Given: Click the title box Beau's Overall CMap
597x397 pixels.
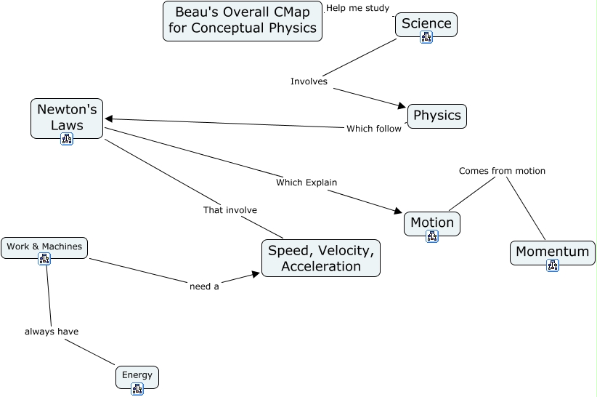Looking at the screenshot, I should [x=243, y=20].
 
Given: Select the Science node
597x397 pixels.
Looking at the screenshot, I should [x=426, y=23].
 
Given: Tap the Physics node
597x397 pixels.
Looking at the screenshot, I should [x=436, y=116].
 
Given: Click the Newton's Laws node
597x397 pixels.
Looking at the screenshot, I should [x=67, y=116].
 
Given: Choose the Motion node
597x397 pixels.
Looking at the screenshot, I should [x=431, y=222].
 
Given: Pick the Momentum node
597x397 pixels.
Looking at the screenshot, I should [x=552, y=252].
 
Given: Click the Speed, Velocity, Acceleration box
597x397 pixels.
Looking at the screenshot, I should [x=320, y=258].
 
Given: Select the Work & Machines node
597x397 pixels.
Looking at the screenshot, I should [x=44, y=246].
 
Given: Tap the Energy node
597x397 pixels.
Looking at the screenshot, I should [x=137, y=375].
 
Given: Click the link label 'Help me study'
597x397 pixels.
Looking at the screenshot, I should [x=358, y=8].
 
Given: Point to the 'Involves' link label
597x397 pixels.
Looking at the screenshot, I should [x=309, y=81].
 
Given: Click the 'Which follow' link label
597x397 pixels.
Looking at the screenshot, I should [x=373, y=129].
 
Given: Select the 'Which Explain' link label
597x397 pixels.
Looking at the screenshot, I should [x=306, y=183].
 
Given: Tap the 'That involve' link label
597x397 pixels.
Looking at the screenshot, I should [x=230, y=210].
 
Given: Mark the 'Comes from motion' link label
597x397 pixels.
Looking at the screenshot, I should [x=502, y=171].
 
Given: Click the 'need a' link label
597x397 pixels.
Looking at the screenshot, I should [x=204, y=286].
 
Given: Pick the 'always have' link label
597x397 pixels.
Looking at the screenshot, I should [x=52, y=332].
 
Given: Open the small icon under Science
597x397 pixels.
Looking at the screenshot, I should [x=426, y=38].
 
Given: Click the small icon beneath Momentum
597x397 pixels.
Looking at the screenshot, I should [x=553, y=266].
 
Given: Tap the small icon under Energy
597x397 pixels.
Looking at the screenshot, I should [x=137, y=389].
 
